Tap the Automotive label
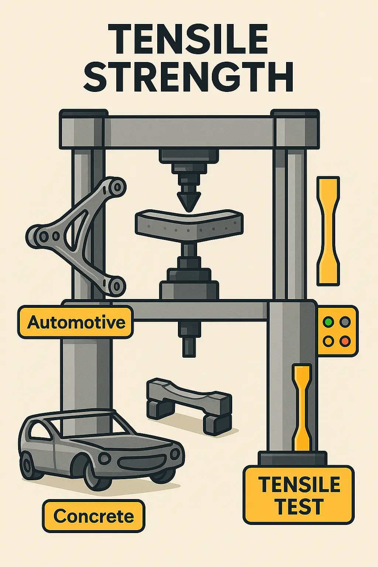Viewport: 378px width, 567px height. [76, 322]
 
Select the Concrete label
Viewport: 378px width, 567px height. [93, 516]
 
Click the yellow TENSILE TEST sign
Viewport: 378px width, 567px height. [299, 495]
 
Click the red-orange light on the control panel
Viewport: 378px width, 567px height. [345, 341]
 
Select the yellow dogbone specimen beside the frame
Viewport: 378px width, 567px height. [328, 231]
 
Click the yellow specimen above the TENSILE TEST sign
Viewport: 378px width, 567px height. [302, 406]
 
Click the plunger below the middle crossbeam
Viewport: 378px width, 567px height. [189, 340]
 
